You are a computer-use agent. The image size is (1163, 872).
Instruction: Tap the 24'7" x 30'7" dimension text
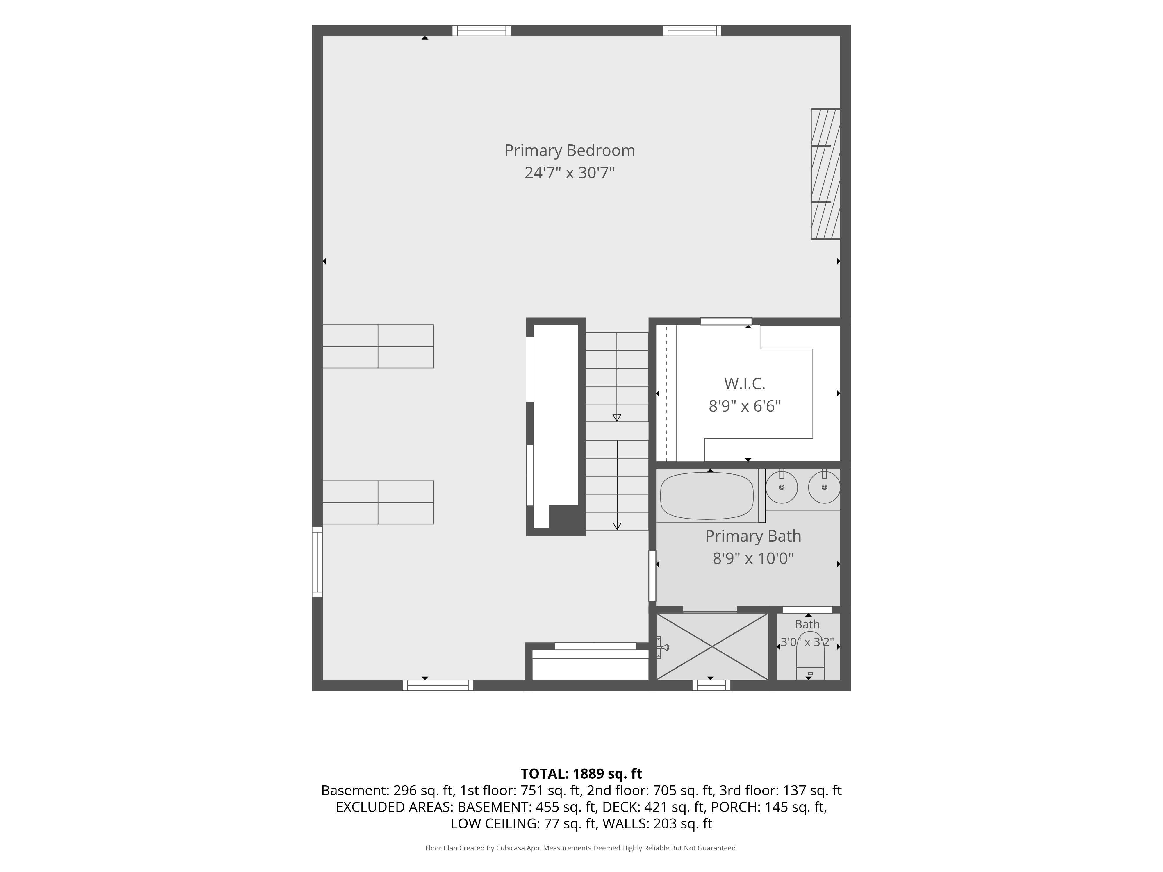click(569, 173)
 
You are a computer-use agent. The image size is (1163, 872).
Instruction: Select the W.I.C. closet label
click(745, 384)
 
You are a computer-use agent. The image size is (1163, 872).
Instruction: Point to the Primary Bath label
click(753, 536)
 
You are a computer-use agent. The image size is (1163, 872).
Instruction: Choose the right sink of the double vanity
click(824, 487)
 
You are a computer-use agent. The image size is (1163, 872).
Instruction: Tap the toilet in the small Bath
click(810, 657)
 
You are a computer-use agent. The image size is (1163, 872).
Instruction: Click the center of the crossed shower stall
click(712, 646)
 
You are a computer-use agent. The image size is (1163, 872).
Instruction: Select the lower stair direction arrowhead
click(617, 526)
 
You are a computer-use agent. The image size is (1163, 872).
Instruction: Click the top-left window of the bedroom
click(481, 31)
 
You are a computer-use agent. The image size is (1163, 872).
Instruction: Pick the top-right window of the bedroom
click(692, 31)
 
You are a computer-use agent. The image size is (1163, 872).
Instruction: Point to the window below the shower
click(711, 685)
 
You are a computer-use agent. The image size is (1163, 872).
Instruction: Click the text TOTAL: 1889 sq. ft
click(581, 774)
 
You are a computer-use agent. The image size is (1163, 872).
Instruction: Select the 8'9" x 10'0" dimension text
click(753, 558)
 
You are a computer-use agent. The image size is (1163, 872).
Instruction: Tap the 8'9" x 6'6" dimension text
click(745, 406)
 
